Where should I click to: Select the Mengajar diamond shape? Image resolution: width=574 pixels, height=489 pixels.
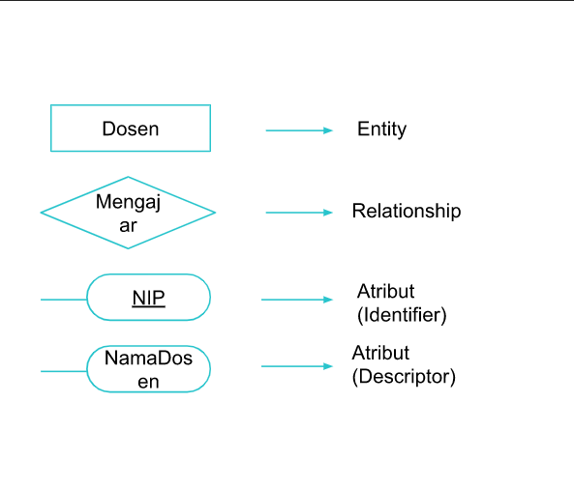click(128, 213)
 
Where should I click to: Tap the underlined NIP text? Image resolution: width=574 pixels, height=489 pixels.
click(148, 298)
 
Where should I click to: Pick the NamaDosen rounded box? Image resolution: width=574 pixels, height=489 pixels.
click(148, 369)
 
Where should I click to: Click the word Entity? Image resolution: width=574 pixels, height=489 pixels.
click(381, 129)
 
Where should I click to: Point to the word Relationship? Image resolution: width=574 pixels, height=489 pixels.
click(406, 211)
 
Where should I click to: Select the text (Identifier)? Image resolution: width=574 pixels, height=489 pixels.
click(402, 314)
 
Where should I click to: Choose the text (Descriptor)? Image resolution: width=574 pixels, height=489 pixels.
click(404, 377)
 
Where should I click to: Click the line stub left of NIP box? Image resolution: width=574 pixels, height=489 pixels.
click(63, 300)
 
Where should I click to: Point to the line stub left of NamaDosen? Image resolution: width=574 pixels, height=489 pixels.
click(63, 370)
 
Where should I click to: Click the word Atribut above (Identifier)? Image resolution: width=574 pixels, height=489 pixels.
click(385, 291)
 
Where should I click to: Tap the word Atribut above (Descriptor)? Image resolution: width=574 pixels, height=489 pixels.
click(380, 353)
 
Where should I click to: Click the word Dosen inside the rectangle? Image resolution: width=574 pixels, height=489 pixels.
click(130, 129)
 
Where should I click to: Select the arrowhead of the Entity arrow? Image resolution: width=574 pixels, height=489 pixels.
click(328, 129)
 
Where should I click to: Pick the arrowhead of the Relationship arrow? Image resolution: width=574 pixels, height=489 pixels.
click(328, 213)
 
